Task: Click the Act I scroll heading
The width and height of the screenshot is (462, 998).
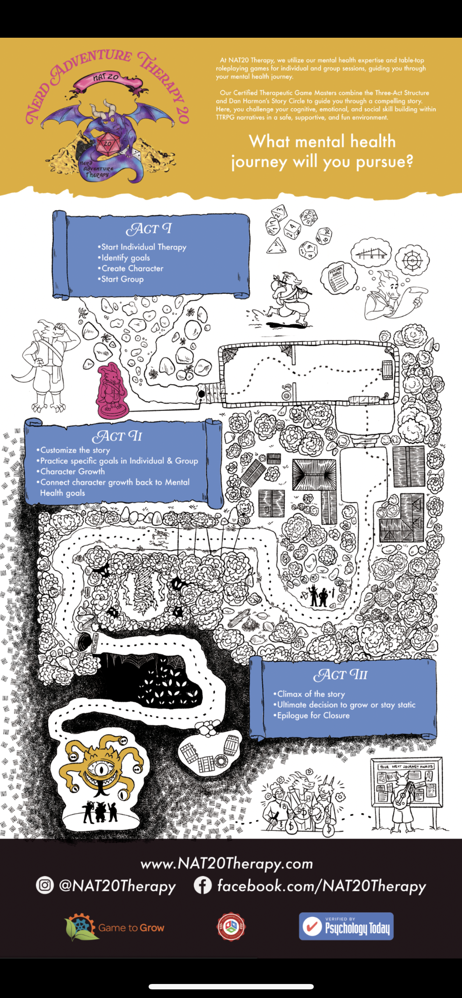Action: point(149,229)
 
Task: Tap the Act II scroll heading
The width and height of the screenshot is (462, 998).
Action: point(117,436)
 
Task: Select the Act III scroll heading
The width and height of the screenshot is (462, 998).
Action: point(340,675)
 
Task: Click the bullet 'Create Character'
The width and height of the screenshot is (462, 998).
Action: point(132,268)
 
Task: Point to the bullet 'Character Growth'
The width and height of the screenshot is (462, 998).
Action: point(73,471)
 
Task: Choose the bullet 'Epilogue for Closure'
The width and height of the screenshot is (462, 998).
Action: point(313,715)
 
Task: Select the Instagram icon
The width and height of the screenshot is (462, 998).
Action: point(45,885)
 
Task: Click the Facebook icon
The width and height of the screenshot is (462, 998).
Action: point(203,885)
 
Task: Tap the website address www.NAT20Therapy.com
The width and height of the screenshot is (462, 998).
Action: point(227,863)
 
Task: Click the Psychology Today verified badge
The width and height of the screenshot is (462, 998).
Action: point(346,926)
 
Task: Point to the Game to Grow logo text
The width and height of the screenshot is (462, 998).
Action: point(131,928)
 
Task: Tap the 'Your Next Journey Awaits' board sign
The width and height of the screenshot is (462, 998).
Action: point(406,766)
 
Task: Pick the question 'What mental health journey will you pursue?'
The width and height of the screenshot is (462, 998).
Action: point(322,152)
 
